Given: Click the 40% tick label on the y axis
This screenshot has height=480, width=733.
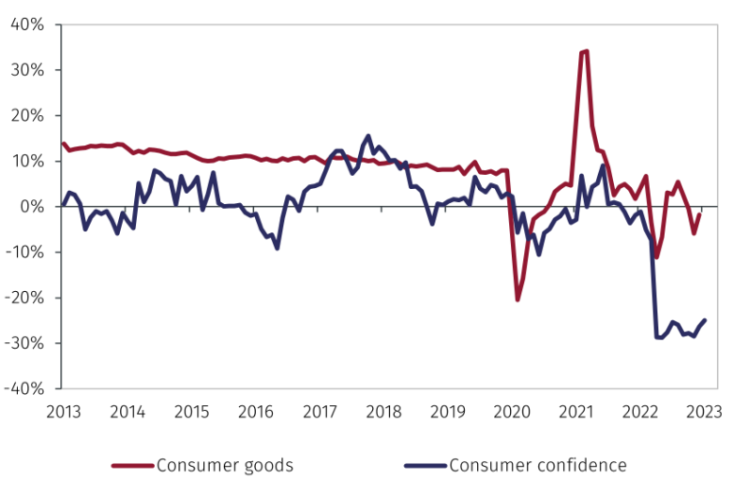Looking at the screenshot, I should (27, 25).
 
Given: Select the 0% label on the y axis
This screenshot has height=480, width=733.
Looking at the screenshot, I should (32, 206).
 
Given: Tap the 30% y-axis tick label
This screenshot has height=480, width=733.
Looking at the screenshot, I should (27, 70).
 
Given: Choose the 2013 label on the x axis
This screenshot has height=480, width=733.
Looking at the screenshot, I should (63, 412).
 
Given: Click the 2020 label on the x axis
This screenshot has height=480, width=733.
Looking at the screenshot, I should (511, 412).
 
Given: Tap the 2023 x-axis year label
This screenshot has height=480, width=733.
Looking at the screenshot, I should (704, 412).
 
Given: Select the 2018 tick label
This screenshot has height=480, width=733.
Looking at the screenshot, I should (384, 412).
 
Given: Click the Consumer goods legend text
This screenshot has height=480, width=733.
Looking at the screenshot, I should (225, 465).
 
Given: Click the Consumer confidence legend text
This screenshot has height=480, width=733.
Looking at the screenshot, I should (537, 465).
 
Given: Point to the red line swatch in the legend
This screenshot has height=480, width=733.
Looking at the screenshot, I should (132, 466).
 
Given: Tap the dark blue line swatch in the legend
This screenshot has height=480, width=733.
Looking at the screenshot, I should (424, 466).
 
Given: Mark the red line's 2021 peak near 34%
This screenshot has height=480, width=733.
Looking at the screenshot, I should (587, 51).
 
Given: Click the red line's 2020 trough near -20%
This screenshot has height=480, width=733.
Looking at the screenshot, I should (518, 300).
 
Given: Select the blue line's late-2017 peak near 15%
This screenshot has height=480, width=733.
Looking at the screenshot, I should (368, 136).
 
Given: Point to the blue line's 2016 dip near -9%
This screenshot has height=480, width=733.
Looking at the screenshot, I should (277, 248).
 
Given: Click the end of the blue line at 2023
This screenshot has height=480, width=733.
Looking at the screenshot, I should (705, 320).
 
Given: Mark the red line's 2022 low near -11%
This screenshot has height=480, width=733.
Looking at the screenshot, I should (656, 256).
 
